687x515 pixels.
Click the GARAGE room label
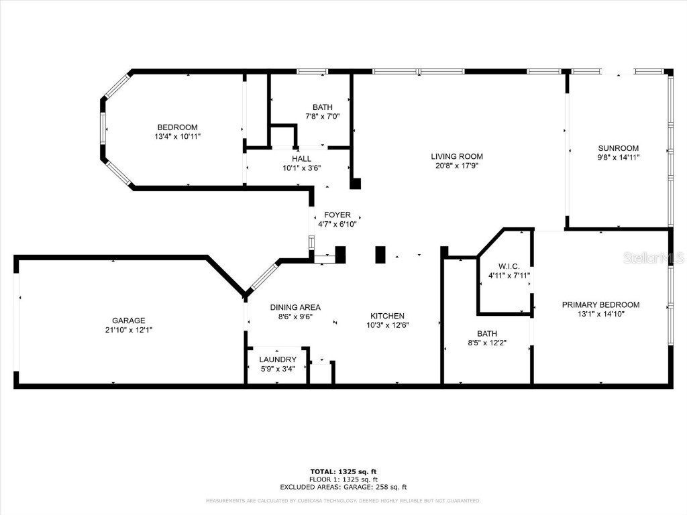[128, 321]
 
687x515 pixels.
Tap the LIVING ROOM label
[456, 156]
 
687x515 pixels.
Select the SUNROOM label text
[618, 148]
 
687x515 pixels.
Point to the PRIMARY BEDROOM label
[600, 304]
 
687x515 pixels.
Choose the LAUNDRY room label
[278, 359]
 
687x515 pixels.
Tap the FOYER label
[337, 215]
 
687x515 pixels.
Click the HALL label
[301, 159]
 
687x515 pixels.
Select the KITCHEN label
[387, 316]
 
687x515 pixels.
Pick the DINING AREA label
[291, 308]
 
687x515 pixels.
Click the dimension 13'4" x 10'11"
[177, 136]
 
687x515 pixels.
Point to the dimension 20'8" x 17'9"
[456, 166]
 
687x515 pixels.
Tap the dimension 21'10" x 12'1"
[128, 329]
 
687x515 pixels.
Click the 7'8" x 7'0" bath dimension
[322, 116]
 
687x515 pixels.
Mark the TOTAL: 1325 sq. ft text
[348, 471]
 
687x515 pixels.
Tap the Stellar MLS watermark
[653, 257]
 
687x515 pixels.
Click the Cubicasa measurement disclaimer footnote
[343, 501]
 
